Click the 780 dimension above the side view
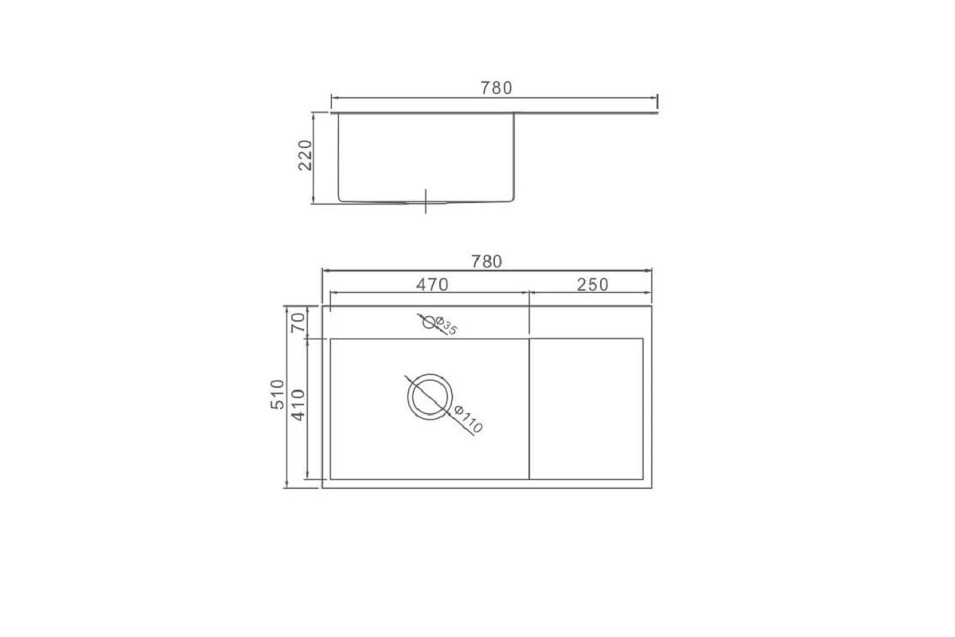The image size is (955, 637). [x=497, y=88]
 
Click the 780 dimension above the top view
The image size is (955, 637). [x=486, y=261]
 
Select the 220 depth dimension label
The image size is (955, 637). [x=306, y=155]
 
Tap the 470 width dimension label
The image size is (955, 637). [x=432, y=284]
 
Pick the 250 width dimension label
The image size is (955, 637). [x=593, y=284]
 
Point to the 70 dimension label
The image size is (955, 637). [x=298, y=322]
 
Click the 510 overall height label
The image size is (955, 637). [x=277, y=394]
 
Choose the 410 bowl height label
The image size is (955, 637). [x=298, y=405]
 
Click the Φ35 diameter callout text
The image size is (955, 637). [x=446, y=326]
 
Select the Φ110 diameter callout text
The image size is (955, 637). [x=468, y=419]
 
